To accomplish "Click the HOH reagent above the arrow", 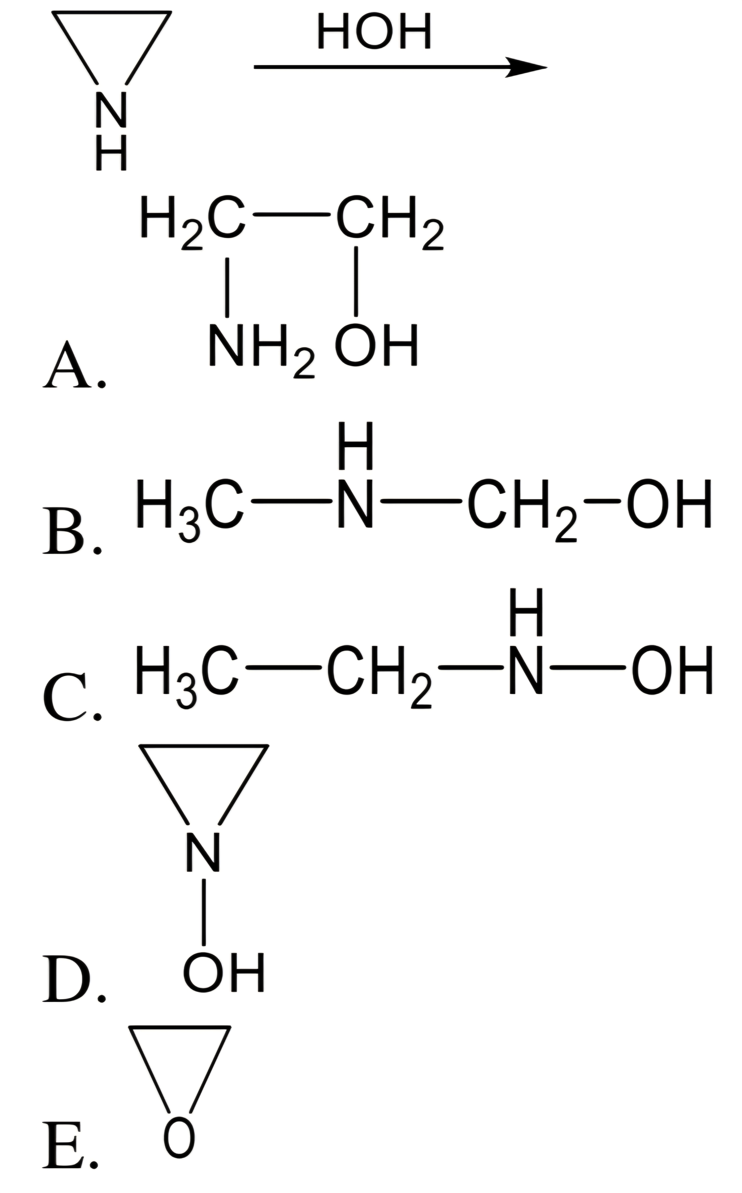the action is coord(375,32).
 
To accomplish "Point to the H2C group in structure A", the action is coord(192,221).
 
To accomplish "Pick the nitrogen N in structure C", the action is coord(526,670).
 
